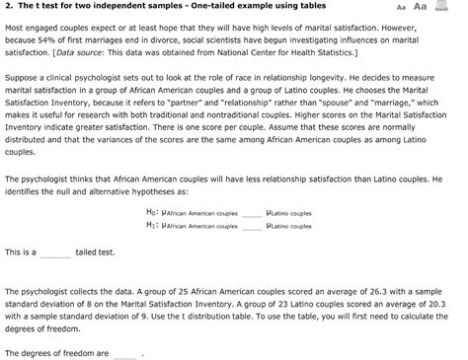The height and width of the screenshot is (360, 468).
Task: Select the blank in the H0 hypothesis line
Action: (254, 212)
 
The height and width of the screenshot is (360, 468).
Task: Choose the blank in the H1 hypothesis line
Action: (254, 225)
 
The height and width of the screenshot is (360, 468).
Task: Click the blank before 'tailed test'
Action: (55, 252)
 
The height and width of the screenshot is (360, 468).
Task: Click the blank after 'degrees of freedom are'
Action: (124, 352)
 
